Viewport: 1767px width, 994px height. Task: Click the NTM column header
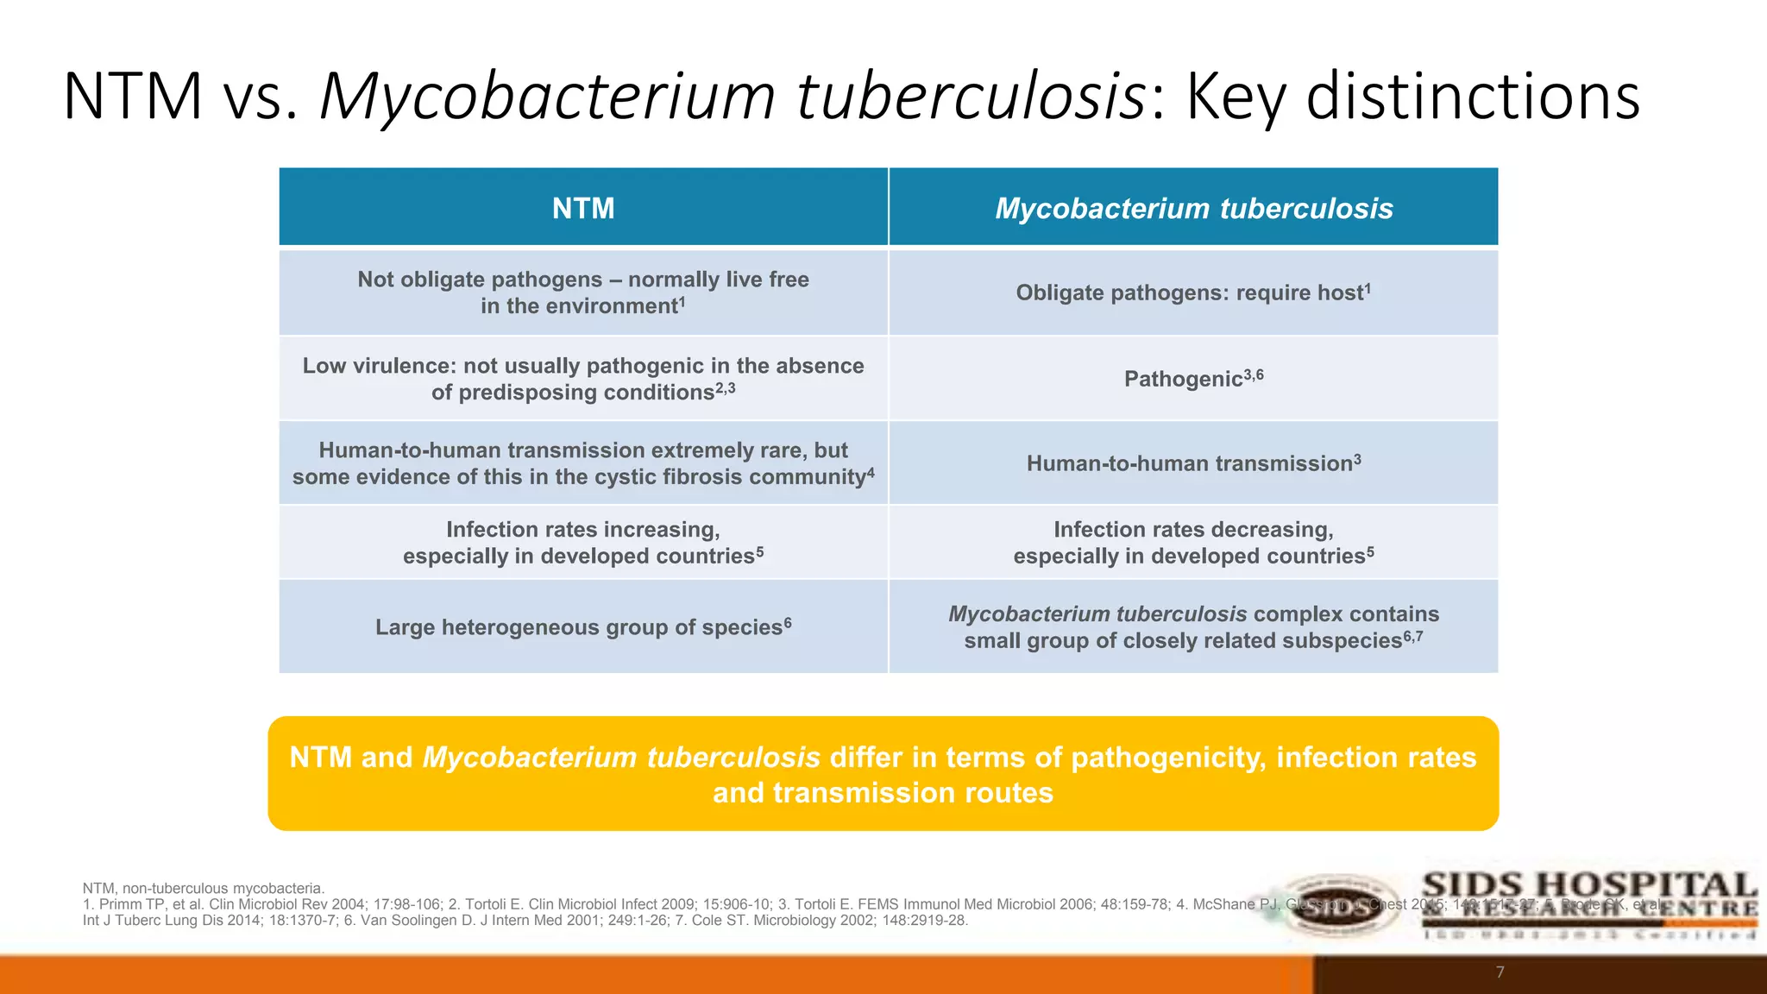coord(583,208)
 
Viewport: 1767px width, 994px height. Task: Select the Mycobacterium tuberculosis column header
coord(1193,208)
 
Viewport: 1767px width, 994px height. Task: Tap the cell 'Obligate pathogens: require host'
coord(1193,293)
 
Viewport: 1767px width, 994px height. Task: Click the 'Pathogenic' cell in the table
coord(1193,379)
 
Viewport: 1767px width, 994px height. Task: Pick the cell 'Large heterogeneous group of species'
coord(583,627)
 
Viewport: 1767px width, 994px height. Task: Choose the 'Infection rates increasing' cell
coord(583,543)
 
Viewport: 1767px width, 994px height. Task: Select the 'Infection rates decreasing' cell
coord(1193,543)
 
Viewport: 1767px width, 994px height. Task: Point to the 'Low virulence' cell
coord(583,379)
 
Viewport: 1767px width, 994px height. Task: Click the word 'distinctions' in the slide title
coord(1472,96)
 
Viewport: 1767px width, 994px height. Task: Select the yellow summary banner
coord(883,774)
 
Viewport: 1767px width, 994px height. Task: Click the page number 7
coord(1500,972)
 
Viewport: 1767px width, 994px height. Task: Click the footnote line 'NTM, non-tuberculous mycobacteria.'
coord(204,888)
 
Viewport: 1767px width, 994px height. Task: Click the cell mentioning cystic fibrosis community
coord(583,463)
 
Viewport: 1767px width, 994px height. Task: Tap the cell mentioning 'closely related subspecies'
coord(1193,627)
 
